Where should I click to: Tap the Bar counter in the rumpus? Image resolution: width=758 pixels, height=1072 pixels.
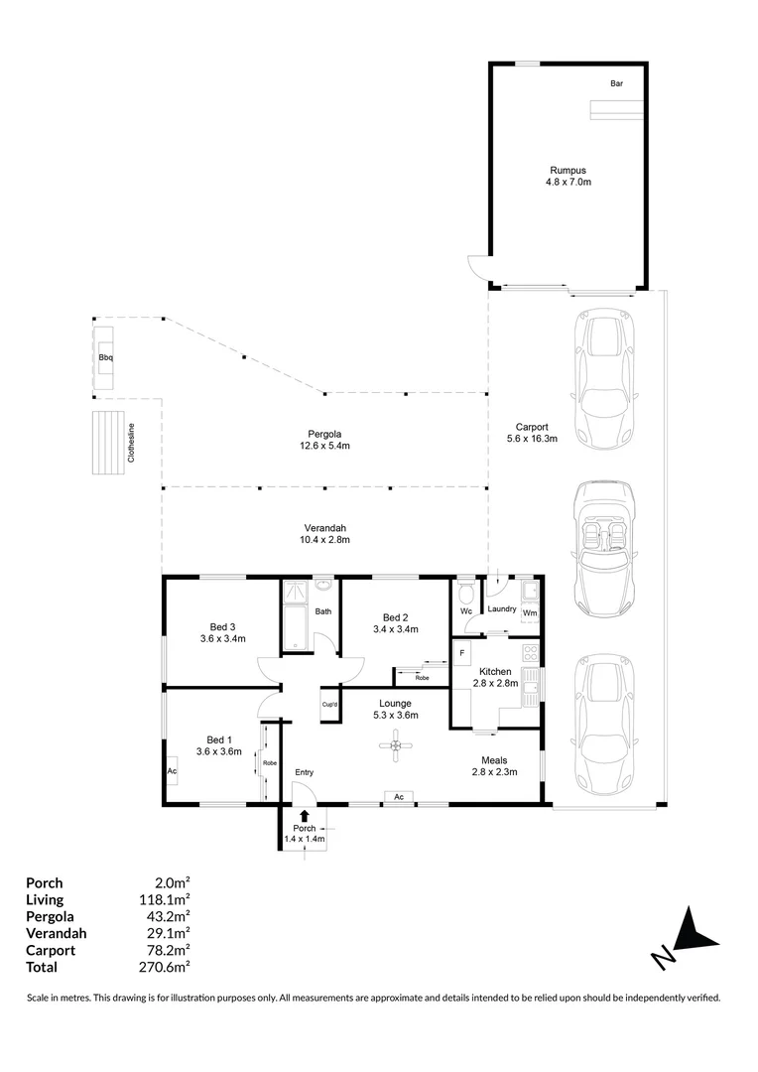[615, 107]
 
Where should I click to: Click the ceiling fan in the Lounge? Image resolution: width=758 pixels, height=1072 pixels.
[396, 745]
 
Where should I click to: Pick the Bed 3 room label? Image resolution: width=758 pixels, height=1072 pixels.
[222, 626]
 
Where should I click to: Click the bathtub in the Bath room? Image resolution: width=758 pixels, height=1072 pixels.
[297, 628]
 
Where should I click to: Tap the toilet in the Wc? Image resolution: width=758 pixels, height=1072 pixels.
[466, 596]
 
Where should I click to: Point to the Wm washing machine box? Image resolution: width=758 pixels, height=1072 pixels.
[530, 604]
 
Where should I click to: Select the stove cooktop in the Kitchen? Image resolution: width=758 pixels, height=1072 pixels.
[530, 654]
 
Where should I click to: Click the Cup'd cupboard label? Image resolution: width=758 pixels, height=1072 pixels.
[330, 705]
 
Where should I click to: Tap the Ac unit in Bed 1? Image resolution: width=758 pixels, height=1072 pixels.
[172, 770]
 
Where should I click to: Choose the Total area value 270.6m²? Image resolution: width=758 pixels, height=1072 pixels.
[167, 966]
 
